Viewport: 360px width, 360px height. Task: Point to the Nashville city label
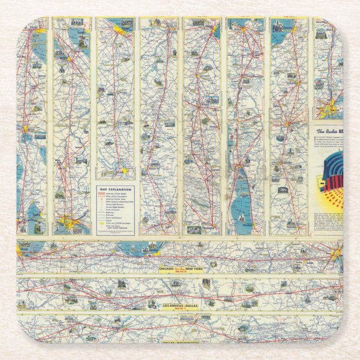click(290, 229)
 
